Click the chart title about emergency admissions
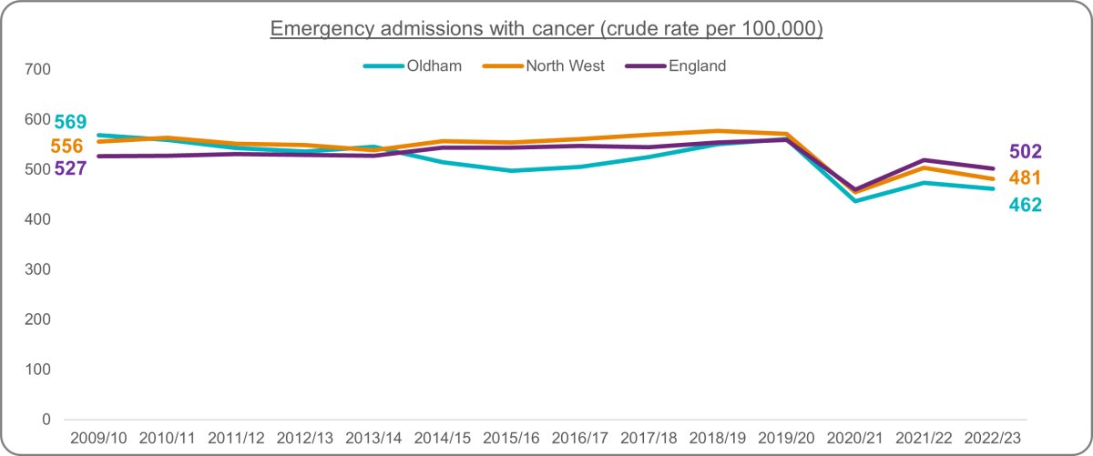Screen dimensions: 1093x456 coord(546,28)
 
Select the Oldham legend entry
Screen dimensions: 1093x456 coord(413,66)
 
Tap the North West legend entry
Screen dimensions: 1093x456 coord(543,66)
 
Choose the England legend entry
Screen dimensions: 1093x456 coord(676,66)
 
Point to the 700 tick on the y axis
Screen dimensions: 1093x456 coord(37,69)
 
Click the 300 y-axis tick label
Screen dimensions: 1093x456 coord(37,269)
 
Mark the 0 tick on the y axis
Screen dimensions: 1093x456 coord(46,420)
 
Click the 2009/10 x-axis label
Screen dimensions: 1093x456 coord(98,438)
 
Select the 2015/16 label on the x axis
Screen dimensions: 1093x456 coord(511,438)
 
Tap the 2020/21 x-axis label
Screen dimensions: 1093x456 coord(855,438)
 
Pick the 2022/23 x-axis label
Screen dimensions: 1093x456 coord(993,438)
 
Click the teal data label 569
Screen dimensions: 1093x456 coord(70,121)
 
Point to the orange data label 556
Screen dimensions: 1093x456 coord(66,146)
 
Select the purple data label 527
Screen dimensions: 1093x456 coord(70,168)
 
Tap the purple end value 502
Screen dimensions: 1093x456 coord(1026,152)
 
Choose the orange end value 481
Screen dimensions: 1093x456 coord(1026,178)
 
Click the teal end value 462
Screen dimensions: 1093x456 coord(1026,205)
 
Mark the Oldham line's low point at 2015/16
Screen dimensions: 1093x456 coord(511,171)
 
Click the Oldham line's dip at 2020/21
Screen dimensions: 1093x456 coord(855,201)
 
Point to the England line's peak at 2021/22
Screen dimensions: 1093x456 coord(924,160)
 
